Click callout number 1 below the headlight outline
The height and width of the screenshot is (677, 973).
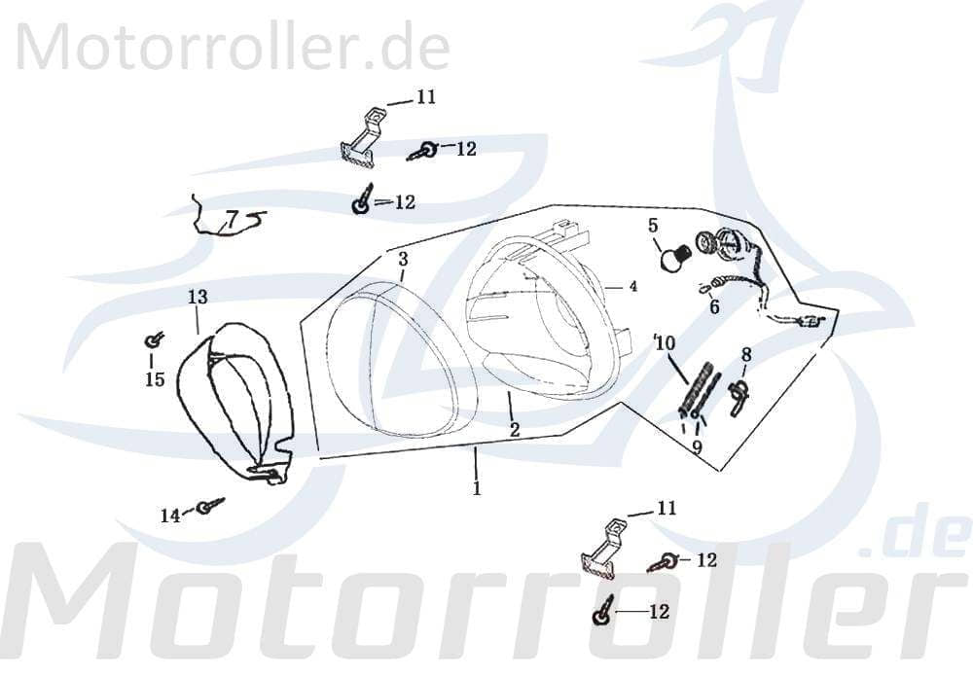477,488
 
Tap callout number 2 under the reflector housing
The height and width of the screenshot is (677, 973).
514,429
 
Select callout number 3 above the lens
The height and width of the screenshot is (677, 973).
403,259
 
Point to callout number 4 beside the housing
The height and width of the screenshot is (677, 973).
632,287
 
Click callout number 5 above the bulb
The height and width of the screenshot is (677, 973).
654,226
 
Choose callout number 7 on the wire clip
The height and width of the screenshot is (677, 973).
232,217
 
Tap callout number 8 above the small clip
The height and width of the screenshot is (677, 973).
746,354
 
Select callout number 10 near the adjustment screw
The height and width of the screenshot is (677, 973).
665,342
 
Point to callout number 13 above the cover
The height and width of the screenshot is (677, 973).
198,296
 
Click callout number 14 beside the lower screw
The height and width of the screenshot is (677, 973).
170,516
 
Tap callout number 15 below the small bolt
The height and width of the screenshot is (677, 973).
155,379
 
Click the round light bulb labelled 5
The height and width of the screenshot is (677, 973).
668,258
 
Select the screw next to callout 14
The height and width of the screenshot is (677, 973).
207,506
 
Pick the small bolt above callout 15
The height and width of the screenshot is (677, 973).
153,339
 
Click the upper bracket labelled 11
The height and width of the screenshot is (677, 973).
362,137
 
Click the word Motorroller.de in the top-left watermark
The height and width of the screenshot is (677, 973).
234,45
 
